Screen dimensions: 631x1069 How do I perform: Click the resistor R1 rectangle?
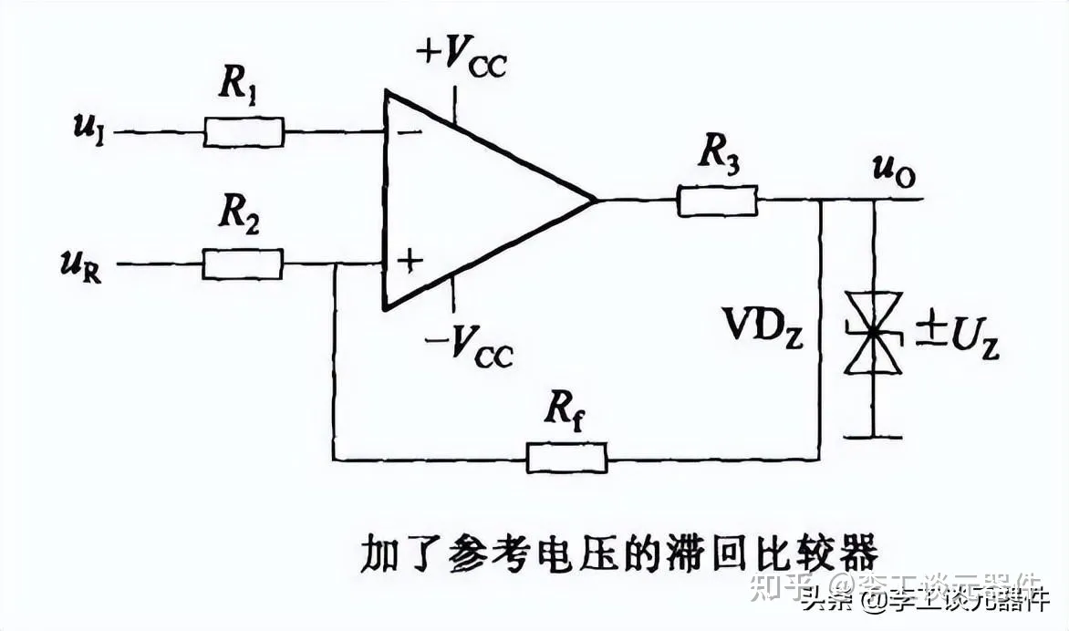click(244, 132)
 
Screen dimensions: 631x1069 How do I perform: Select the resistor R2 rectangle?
click(243, 264)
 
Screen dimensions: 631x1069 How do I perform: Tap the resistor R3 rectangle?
click(717, 201)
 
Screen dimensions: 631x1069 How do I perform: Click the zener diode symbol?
click(875, 333)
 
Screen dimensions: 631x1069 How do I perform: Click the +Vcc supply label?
click(461, 57)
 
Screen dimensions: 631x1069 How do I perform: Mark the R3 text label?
click(719, 156)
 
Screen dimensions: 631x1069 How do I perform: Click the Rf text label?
click(565, 414)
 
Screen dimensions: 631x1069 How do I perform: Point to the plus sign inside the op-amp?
click(411, 262)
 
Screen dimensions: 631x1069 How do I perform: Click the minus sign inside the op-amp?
click(409, 131)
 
